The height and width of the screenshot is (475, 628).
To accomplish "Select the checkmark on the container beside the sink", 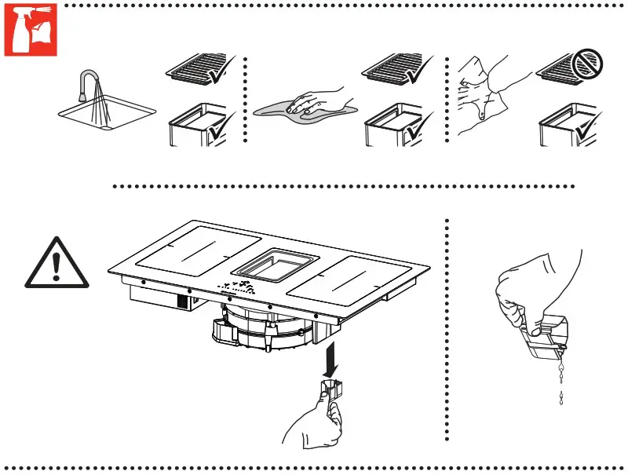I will pyautogui.click(x=215, y=126).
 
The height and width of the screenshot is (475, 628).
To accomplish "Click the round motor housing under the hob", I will pyautogui.click(x=271, y=330).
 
